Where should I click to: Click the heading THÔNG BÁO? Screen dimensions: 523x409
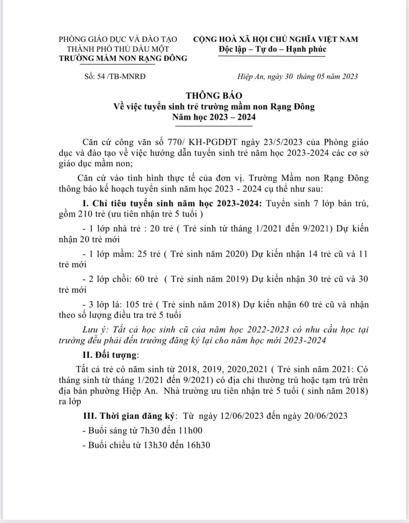click(x=214, y=96)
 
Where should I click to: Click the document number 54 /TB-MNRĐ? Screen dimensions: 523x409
click(x=121, y=77)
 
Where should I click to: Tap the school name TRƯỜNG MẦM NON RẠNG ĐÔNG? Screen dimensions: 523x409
click(x=123, y=58)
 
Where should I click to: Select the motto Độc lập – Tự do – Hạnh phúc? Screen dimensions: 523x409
click(x=272, y=49)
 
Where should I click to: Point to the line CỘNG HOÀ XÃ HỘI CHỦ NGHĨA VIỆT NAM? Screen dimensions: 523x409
click(x=275, y=39)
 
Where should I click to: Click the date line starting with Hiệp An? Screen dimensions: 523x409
click(x=297, y=77)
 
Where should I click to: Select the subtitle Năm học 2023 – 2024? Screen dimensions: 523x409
click(x=214, y=117)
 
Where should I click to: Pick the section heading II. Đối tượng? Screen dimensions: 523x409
click(x=111, y=355)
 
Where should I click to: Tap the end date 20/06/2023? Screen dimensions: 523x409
click(x=324, y=416)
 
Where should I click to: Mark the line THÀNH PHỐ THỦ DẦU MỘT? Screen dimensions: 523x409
click(x=118, y=49)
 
